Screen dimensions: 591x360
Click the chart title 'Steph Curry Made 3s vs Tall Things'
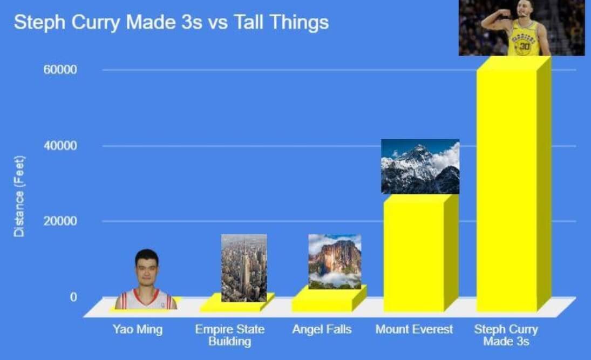172,22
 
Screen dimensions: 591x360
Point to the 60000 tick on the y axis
60,70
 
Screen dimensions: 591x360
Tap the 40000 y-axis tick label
60,146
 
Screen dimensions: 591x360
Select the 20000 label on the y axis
60,221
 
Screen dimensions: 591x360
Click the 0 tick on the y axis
73,297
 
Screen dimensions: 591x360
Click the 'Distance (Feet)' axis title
19,196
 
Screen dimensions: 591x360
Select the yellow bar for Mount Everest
420,253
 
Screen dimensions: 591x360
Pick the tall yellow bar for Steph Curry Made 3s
514,184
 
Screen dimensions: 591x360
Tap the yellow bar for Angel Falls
329,300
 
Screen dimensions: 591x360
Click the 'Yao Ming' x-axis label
138,329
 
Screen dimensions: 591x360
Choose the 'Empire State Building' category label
229,335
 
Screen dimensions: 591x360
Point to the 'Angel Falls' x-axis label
322,329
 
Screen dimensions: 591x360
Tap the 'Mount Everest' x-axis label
414,329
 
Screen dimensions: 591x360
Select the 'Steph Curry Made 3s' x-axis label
506,335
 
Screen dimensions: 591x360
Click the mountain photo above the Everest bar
420,167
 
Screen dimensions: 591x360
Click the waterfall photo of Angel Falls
335,262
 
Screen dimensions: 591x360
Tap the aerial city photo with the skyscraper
244,268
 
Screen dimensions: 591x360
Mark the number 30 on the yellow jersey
524,46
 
